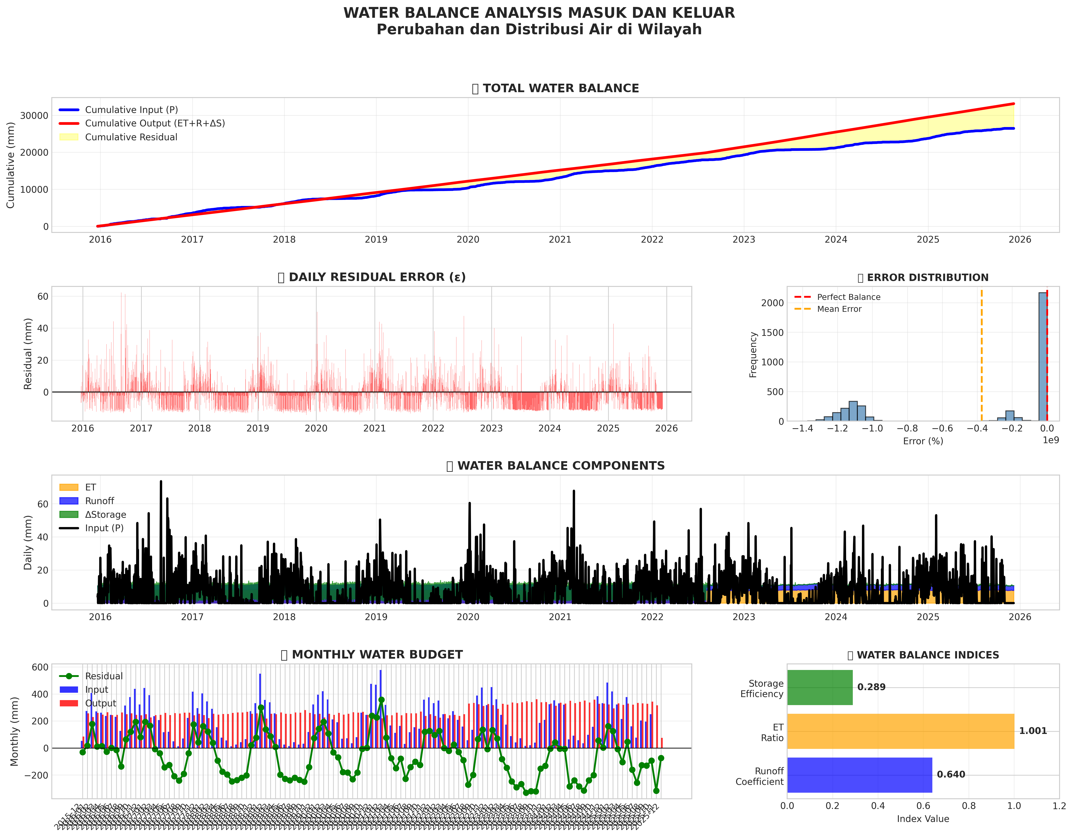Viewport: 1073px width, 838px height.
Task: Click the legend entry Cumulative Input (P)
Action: point(131,110)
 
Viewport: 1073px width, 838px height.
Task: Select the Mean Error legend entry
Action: point(839,309)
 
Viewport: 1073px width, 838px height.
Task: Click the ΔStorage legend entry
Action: point(105,515)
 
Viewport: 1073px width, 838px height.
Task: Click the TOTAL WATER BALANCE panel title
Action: point(561,88)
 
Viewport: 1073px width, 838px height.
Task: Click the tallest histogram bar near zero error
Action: point(1042,356)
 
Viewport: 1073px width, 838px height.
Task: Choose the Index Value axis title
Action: point(923,819)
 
